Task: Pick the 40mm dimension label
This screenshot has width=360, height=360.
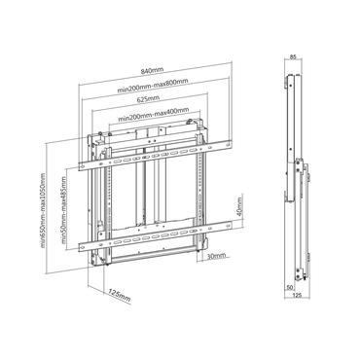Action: [x=235, y=210]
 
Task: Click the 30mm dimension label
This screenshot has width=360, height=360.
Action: [x=216, y=257]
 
